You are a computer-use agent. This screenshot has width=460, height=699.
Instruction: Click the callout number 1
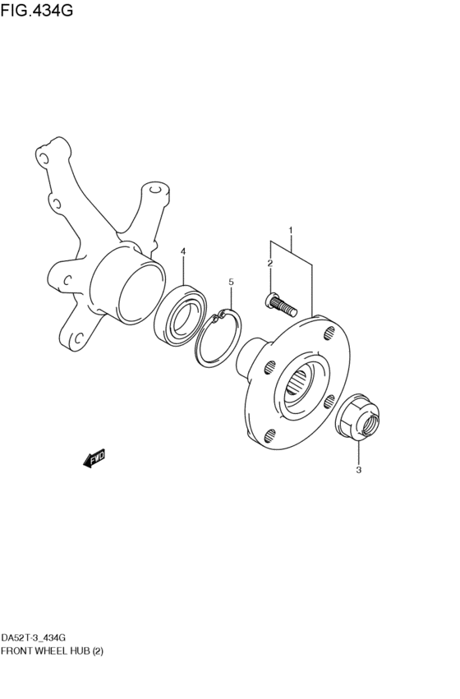291,231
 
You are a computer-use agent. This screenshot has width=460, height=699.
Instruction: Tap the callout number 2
269,264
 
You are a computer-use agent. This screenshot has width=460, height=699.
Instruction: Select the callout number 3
359,470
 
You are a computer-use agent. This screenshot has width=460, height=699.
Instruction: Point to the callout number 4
183,252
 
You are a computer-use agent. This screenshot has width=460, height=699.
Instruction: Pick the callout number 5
231,282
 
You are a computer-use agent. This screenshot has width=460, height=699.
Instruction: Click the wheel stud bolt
280,304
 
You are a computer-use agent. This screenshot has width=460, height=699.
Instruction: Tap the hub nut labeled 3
357,416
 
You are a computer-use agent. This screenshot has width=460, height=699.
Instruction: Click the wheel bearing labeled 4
180,315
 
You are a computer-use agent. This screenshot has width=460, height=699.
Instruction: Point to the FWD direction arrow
94,458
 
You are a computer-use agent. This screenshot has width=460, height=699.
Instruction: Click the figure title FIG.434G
36,10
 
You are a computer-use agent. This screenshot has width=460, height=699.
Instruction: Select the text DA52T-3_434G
34,638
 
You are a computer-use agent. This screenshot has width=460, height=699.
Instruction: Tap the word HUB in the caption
80,651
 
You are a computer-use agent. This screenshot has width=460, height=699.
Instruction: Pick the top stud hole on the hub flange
329,332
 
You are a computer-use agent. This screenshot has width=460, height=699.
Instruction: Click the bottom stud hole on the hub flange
269,435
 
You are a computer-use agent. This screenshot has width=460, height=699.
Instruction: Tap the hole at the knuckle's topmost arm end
43,159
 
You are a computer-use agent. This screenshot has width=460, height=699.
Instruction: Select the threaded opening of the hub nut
370,423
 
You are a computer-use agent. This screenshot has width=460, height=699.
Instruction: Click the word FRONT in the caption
16,651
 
